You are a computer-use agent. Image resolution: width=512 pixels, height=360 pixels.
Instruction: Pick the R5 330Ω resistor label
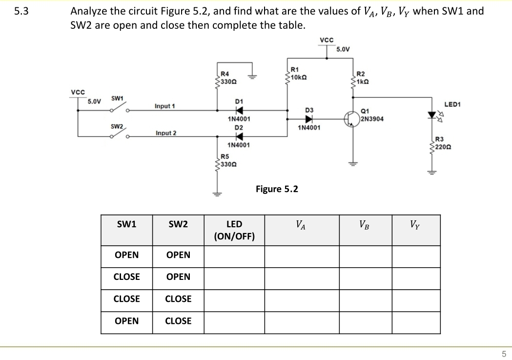click(228, 160)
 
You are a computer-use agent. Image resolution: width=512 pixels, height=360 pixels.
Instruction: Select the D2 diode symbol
click(239, 136)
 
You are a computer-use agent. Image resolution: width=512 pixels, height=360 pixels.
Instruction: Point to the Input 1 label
click(165, 106)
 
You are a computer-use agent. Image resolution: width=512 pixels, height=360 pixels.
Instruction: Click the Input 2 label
click(165, 133)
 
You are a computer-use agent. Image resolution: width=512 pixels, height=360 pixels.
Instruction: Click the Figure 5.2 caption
click(277, 189)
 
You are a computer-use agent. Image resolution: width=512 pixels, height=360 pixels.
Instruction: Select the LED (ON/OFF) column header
click(234, 230)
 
